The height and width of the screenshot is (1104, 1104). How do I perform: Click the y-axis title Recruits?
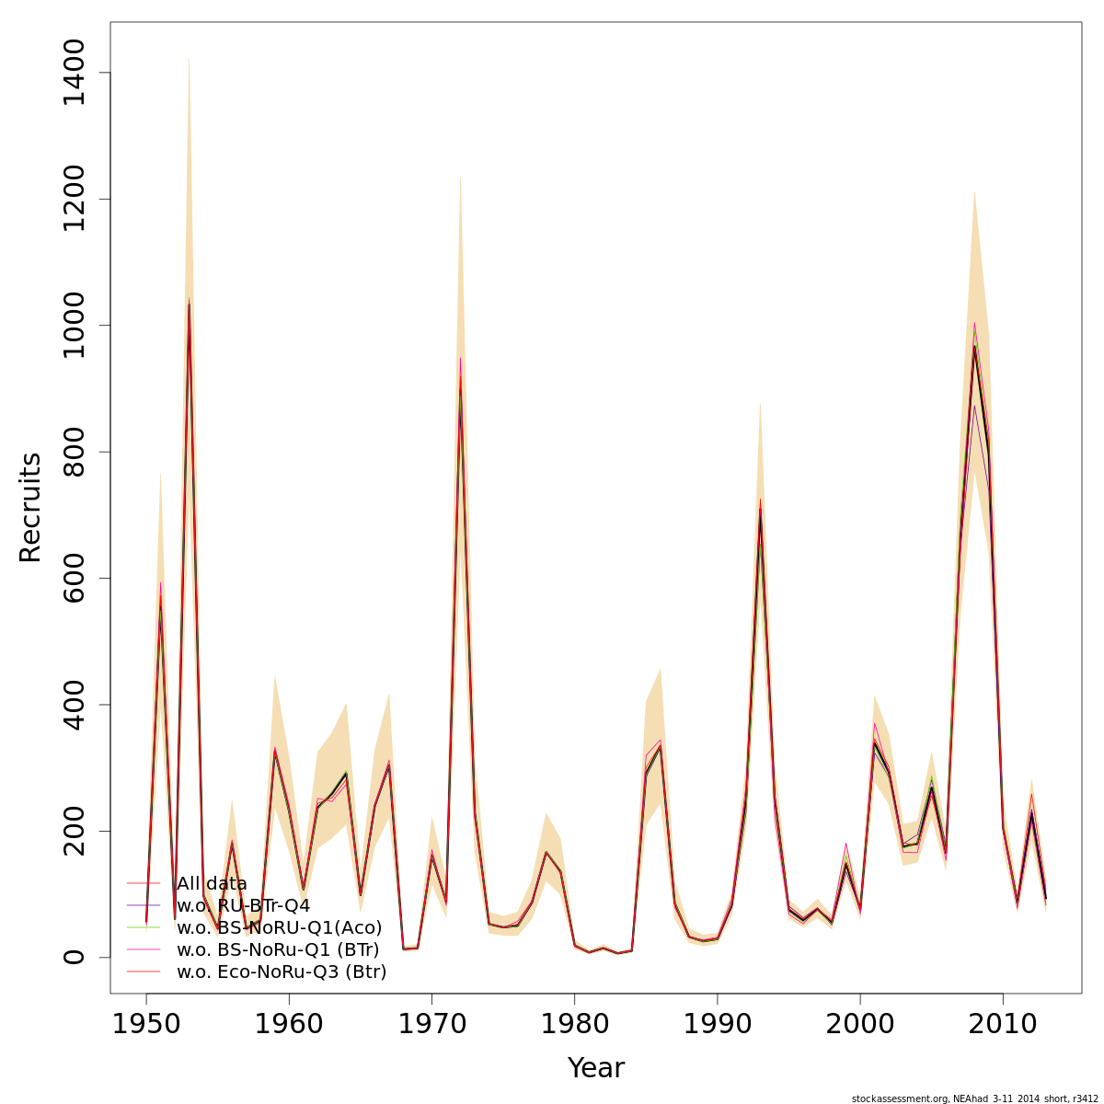tap(30, 507)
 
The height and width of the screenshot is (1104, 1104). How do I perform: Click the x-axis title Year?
tap(595, 1068)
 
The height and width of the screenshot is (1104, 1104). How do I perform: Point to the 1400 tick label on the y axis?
tap(74, 73)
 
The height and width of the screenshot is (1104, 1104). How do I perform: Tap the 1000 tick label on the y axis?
tap(74, 326)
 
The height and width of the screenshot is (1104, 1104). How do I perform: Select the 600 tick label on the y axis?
tap(74, 579)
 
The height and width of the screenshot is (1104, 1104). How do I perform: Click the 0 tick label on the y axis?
tap(74, 957)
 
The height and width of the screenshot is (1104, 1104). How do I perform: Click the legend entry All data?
tap(212, 884)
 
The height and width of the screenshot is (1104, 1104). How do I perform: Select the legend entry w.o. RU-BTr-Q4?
tap(243, 906)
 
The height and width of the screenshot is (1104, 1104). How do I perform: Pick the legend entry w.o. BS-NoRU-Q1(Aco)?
tap(279, 927)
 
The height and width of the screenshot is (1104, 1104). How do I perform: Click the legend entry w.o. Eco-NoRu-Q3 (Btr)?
tap(282, 972)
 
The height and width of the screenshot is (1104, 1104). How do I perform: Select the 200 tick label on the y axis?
tap(74, 831)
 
